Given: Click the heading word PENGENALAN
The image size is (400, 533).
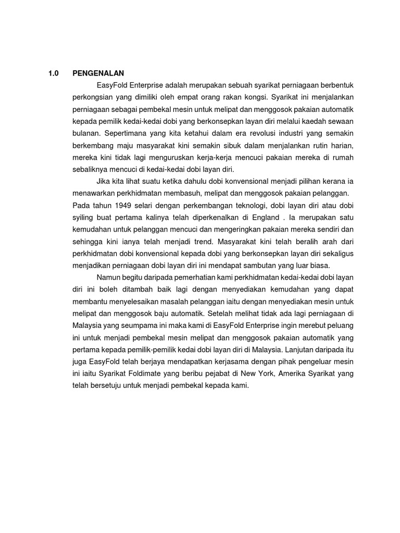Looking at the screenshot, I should tap(98, 73).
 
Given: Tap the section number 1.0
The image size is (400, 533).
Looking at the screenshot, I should tap(53, 73).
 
